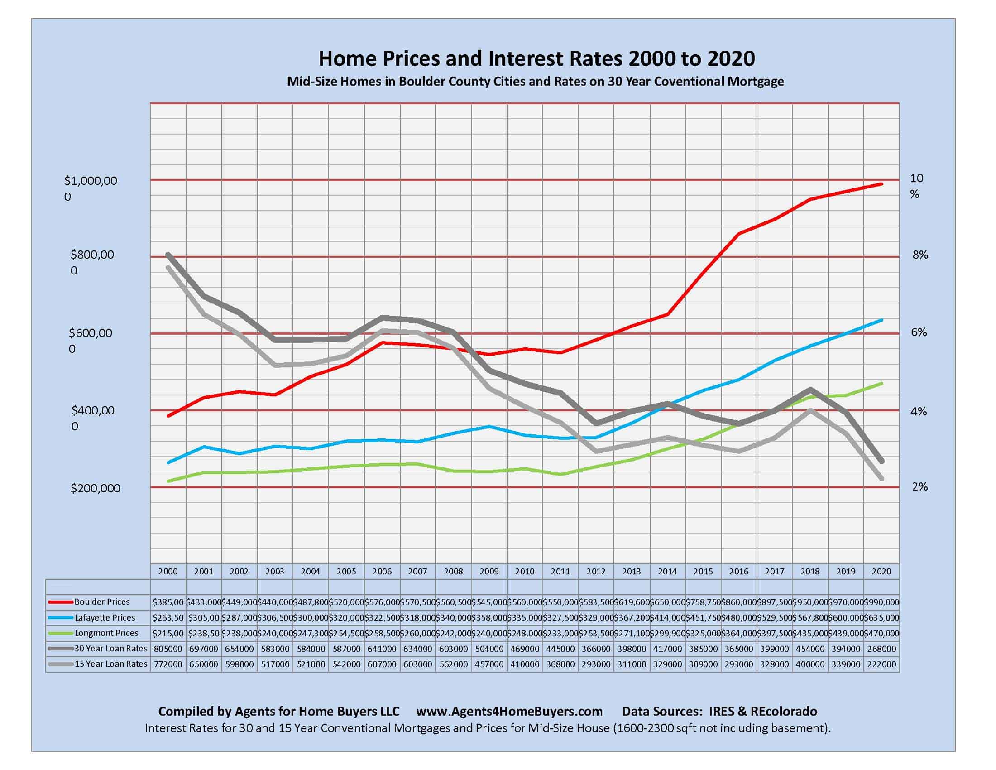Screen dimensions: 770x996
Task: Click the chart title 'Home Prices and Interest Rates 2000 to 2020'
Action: [x=536, y=58]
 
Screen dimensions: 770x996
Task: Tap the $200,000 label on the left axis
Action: [x=96, y=488]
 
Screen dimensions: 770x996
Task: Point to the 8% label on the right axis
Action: [x=920, y=255]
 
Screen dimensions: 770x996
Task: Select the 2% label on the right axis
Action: [x=920, y=487]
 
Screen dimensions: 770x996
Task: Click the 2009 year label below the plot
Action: [x=489, y=571]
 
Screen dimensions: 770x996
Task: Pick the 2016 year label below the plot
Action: [x=738, y=571]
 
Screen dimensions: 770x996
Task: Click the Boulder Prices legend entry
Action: [x=102, y=602]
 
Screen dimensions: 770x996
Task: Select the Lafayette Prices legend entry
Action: [x=105, y=618]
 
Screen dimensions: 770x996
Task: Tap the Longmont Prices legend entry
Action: [x=106, y=633]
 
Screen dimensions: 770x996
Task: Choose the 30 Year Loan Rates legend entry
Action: [x=110, y=648]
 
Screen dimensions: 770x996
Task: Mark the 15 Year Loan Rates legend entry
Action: [x=110, y=664]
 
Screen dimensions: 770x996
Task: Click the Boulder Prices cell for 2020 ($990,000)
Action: [x=881, y=602]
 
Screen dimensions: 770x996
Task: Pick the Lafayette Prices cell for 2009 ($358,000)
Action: [x=489, y=618]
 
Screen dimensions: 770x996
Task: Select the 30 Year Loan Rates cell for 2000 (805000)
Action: [x=168, y=649]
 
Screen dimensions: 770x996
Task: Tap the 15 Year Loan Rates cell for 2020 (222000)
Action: [x=881, y=664]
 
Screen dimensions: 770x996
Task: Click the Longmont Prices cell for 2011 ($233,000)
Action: [x=560, y=633]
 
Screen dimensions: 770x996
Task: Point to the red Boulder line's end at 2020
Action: [x=881, y=184]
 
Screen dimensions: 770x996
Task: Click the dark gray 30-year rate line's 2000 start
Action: [x=168, y=254]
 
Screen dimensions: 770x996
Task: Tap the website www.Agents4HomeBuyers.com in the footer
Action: [x=509, y=711]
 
